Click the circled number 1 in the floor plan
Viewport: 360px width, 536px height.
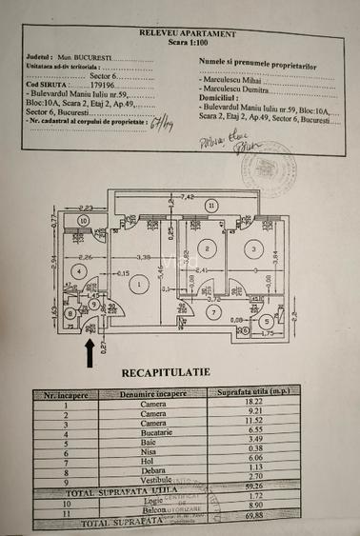(x=139, y=283)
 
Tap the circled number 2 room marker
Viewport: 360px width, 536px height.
(x=204, y=248)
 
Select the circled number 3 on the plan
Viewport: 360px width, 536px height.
(x=252, y=248)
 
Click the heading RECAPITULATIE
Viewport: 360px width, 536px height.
(x=166, y=371)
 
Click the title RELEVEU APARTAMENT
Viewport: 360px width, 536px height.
(x=178, y=32)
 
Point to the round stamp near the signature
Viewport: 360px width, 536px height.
(x=268, y=169)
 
